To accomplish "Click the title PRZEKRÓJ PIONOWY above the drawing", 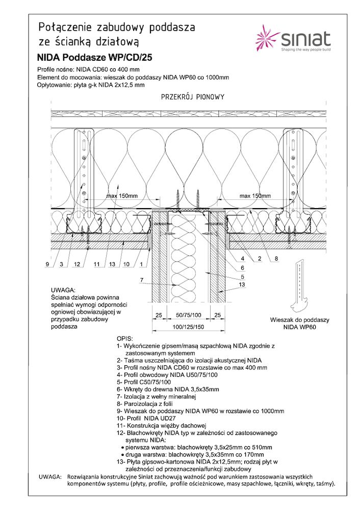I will [193, 97].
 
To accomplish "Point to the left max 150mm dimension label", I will [122, 196].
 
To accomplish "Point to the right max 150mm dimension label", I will [255, 196].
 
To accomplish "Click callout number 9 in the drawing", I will [47, 264].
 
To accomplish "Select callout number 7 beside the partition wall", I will [142, 279].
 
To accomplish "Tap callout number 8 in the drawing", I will [276, 259].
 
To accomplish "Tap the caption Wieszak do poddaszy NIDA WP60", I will [299, 324].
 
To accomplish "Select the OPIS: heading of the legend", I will [124, 338].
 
